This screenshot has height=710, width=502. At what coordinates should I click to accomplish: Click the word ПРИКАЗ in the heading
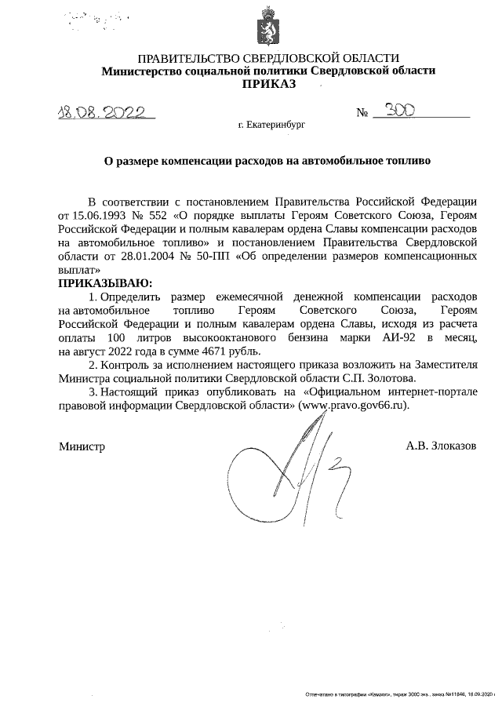click(268, 84)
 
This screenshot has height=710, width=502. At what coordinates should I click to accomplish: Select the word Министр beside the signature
click(82, 446)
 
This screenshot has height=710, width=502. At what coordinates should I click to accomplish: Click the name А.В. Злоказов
click(441, 446)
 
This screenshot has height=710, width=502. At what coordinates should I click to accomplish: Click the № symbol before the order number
click(362, 112)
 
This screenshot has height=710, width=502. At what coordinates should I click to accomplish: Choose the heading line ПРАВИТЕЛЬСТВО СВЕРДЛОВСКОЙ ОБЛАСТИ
click(268, 58)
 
